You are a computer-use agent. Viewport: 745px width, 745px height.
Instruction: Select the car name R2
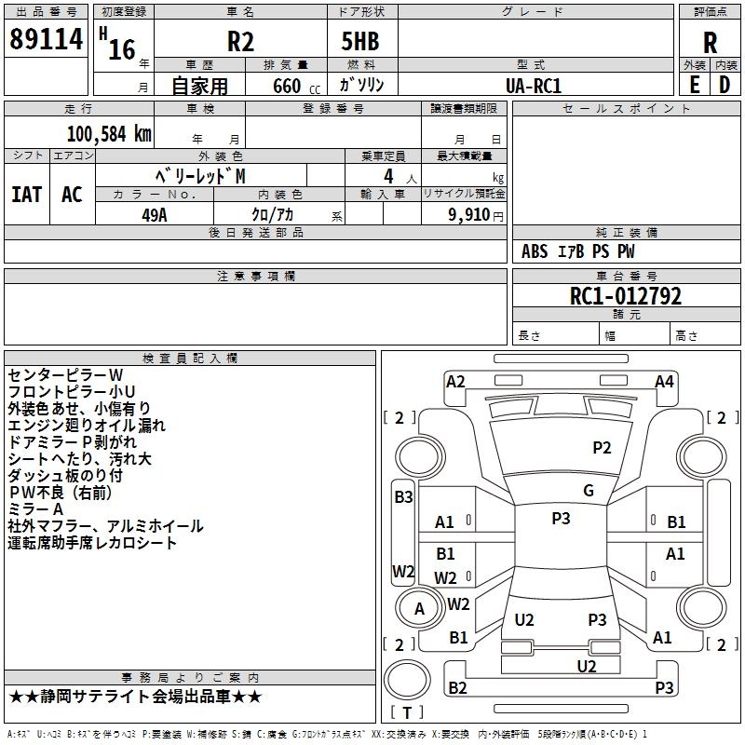click(x=240, y=42)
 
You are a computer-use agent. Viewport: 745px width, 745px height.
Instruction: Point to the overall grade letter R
click(x=710, y=43)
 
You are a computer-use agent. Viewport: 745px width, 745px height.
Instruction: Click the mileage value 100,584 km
click(x=109, y=133)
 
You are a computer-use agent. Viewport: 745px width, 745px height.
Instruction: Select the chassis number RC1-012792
click(x=625, y=297)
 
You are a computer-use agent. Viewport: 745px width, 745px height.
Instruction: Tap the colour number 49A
click(x=154, y=213)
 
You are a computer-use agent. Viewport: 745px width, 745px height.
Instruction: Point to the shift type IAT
click(x=27, y=194)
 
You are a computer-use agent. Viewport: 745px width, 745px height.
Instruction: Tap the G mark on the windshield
click(x=589, y=491)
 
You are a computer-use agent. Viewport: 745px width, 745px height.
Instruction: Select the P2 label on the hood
click(x=603, y=448)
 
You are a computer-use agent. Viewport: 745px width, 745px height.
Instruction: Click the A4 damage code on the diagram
click(x=664, y=381)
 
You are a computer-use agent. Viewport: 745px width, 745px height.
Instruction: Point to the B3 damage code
click(x=403, y=497)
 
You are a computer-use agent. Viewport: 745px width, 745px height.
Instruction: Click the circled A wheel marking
click(x=419, y=609)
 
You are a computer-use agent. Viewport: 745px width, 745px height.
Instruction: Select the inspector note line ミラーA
click(x=35, y=509)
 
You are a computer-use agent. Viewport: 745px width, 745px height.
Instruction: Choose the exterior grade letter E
click(x=694, y=85)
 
